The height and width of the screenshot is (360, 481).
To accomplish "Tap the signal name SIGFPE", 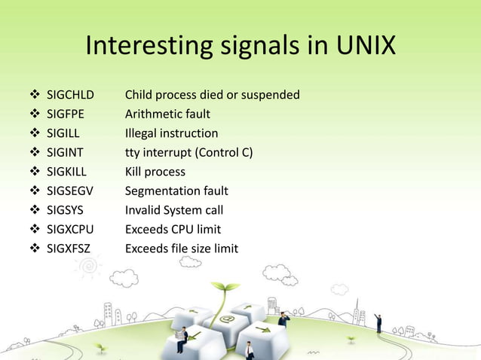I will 66,114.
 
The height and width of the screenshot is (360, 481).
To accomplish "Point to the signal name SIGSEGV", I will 71,191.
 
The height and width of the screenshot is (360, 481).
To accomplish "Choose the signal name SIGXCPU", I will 70,229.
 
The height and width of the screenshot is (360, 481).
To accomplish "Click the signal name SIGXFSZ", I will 69,249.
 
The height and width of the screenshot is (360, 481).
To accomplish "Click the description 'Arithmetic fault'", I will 167,114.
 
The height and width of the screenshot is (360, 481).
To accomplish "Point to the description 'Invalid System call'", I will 173,210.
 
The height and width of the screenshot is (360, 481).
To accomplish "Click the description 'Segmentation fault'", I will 176,191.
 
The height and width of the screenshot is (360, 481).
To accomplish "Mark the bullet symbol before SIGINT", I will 34,153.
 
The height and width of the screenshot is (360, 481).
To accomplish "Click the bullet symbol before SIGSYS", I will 34,210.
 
